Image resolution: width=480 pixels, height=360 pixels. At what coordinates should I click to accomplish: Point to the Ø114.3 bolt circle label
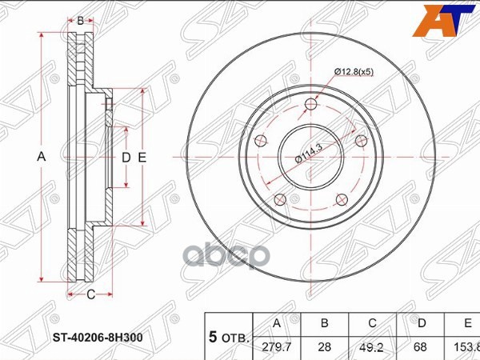coord(309,150)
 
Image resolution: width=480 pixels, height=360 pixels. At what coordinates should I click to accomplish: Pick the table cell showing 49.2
coord(370,347)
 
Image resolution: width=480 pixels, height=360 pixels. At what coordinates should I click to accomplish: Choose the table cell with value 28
coord(324,347)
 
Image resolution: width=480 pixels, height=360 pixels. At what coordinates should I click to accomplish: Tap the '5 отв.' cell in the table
coord(229,338)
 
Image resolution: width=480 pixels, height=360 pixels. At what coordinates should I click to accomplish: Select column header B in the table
coord(324,324)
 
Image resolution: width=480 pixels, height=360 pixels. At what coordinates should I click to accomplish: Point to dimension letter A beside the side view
coord(42,158)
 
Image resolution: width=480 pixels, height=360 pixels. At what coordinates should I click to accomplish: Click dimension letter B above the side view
coord(81,21)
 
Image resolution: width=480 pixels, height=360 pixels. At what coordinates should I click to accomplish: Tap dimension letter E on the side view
coord(142,158)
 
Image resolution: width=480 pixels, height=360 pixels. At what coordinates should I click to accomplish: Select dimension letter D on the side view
coord(126,158)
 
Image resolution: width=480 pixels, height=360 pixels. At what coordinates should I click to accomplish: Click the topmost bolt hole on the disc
coord(311,102)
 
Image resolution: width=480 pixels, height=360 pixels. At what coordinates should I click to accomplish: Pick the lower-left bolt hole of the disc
coord(279,200)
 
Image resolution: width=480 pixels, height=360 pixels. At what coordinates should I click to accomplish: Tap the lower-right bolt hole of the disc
coord(342,200)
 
